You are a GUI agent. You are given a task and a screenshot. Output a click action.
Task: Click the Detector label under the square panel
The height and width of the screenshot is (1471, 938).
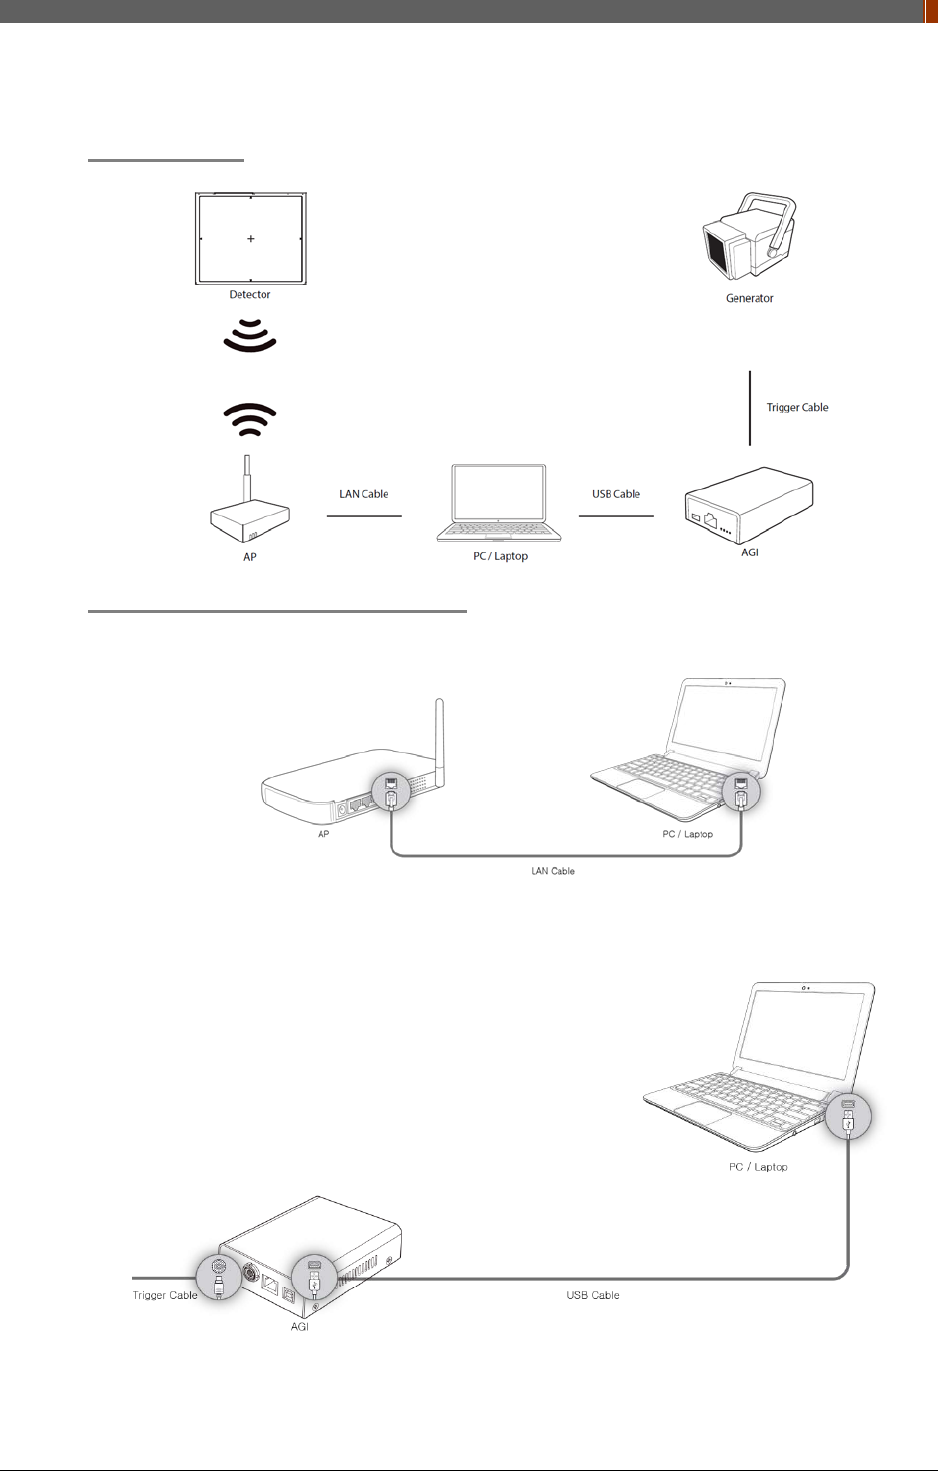pyautogui.click(x=250, y=294)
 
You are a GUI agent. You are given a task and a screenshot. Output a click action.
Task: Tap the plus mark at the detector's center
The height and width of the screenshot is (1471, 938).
pyautogui.click(x=251, y=239)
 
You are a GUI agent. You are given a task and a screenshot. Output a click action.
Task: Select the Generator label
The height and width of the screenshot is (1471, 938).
pyautogui.click(x=749, y=298)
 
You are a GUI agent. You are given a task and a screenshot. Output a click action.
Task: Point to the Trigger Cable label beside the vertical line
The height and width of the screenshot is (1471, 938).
pyautogui.click(x=796, y=407)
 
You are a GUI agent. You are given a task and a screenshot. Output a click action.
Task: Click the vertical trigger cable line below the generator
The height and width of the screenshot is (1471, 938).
pyautogui.click(x=750, y=408)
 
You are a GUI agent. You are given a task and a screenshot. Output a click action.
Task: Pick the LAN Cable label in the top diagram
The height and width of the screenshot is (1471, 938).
pyautogui.click(x=363, y=494)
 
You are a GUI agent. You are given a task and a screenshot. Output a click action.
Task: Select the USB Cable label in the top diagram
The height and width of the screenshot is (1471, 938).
pyautogui.click(x=616, y=494)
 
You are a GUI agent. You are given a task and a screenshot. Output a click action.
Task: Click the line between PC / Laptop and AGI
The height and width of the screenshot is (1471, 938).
pyautogui.click(x=616, y=516)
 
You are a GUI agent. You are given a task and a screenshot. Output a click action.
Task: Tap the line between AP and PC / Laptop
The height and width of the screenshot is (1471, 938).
pyautogui.click(x=364, y=516)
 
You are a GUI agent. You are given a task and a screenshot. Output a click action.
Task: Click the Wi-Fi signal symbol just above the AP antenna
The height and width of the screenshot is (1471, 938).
pyautogui.click(x=250, y=420)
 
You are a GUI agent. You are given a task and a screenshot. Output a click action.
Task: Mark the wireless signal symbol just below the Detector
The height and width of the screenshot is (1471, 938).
pyautogui.click(x=250, y=336)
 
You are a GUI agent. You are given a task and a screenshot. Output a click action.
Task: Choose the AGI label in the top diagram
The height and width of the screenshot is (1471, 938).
pyautogui.click(x=749, y=552)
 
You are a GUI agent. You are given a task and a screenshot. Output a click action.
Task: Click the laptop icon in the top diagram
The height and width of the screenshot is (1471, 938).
pyautogui.click(x=498, y=503)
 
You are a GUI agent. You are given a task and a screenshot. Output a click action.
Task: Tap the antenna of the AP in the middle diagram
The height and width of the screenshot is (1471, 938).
pyautogui.click(x=439, y=738)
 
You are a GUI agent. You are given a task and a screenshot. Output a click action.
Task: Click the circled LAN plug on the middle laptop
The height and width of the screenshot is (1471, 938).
pyautogui.click(x=741, y=792)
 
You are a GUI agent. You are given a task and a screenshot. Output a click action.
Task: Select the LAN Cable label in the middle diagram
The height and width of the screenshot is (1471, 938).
pyautogui.click(x=553, y=871)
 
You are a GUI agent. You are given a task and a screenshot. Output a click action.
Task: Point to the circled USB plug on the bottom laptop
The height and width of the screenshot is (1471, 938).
pyautogui.click(x=848, y=1115)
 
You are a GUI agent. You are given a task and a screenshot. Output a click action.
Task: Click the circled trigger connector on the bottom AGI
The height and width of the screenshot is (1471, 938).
pyautogui.click(x=218, y=1277)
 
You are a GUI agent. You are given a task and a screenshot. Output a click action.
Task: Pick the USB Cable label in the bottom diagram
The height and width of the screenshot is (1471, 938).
pyautogui.click(x=593, y=1295)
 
